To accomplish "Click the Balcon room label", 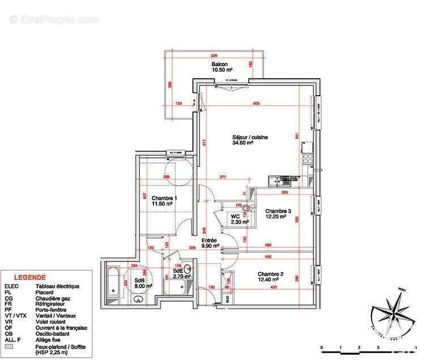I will (220, 65).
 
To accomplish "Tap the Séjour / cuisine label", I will (250, 137).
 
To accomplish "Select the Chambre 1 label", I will (164, 198).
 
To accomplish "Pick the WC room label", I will (235, 216).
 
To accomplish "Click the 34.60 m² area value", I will (242, 144).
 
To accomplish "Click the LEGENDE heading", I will (30, 278).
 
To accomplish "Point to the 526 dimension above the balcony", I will (214, 55).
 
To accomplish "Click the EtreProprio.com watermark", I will (54, 19).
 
